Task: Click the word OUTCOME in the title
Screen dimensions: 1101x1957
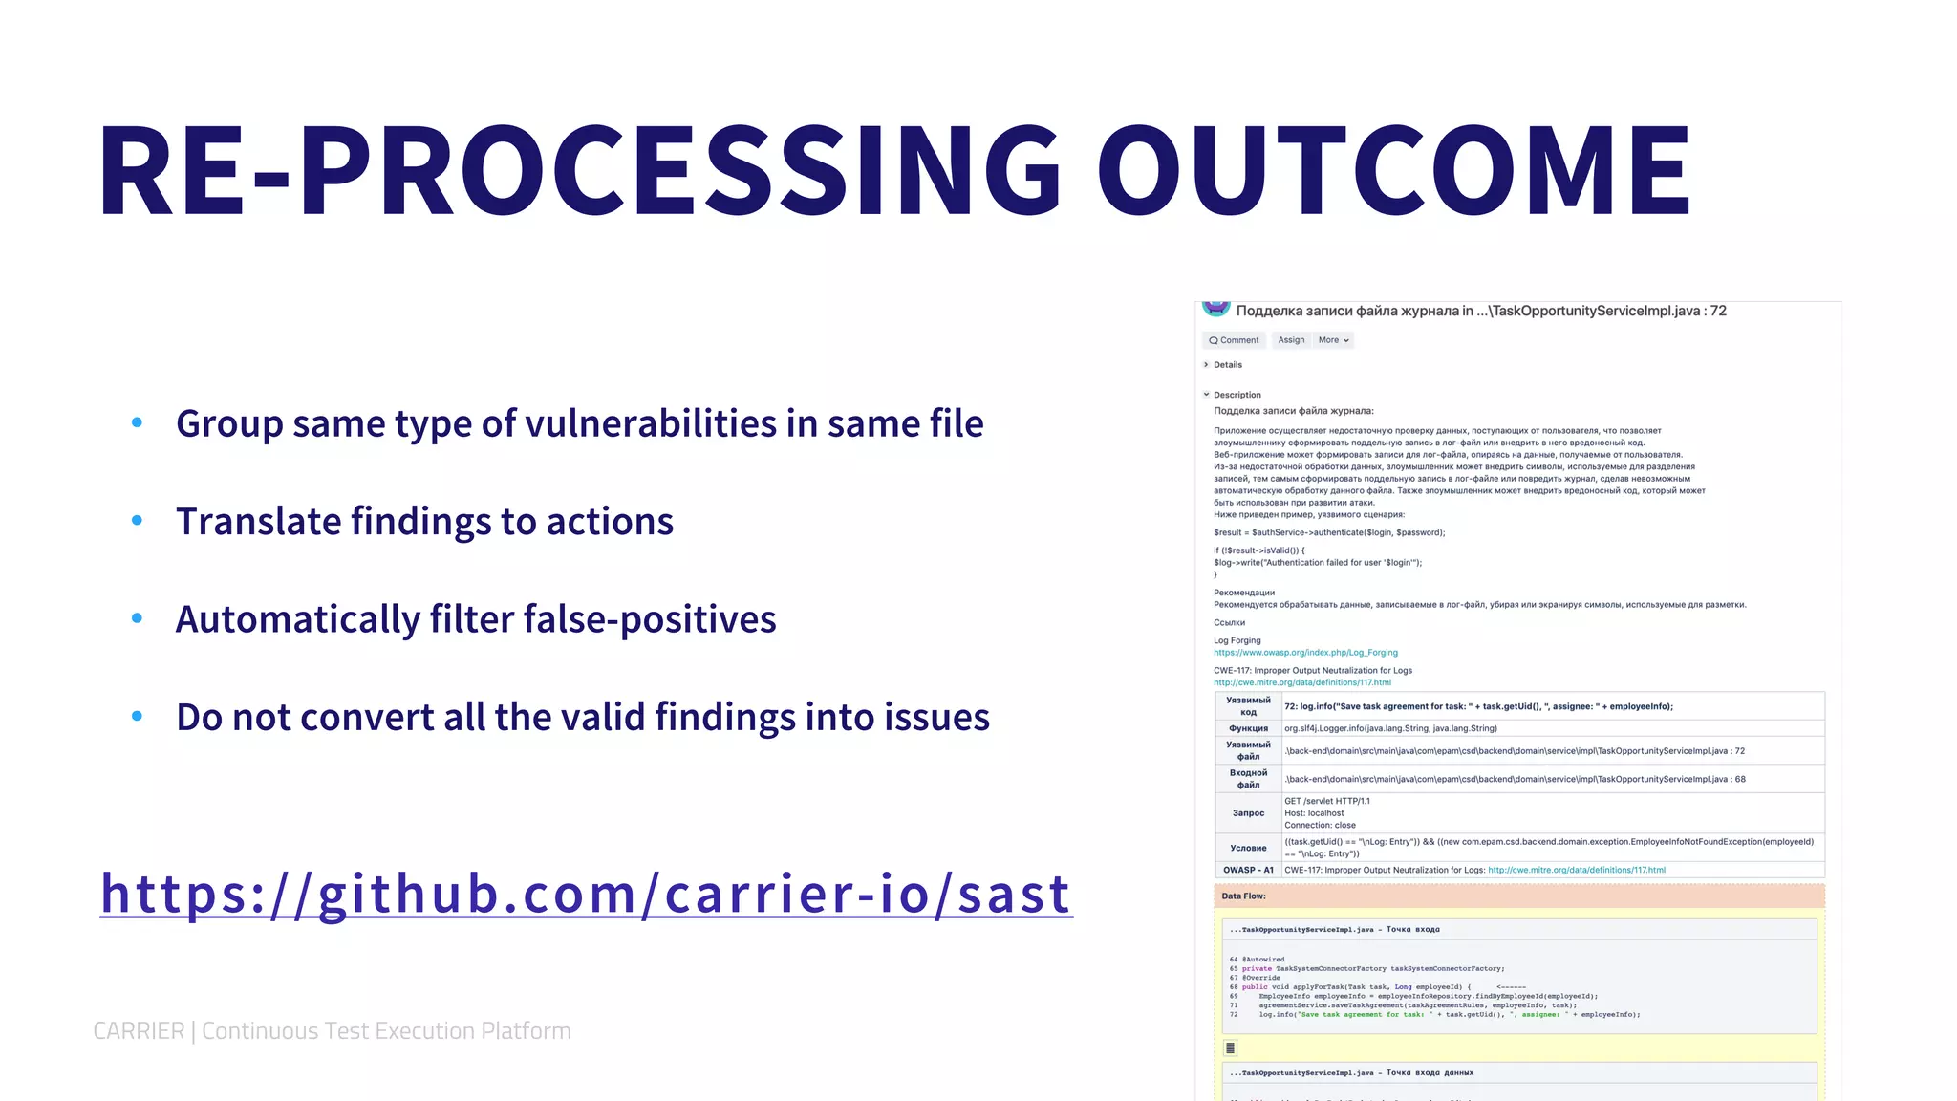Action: [x=1393, y=170]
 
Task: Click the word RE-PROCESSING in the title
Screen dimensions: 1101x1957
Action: [x=578, y=170]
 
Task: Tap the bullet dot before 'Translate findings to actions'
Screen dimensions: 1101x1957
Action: [x=137, y=520]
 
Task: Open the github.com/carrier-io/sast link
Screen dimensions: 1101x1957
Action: [x=586, y=894]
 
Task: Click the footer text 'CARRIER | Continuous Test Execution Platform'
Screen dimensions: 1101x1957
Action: [x=332, y=1030]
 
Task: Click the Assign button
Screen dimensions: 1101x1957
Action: [x=1291, y=340]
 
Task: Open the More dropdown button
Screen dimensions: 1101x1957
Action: [x=1333, y=340]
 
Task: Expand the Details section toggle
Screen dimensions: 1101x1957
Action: [x=1207, y=365]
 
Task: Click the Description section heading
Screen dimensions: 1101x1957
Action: [x=1237, y=395]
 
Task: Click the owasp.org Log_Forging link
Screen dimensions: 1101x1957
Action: [x=1305, y=653]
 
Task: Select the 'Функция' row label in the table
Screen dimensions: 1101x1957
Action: [x=1248, y=728]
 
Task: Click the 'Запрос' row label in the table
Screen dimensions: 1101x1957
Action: [x=1248, y=813]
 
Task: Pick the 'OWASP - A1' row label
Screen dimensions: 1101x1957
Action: [x=1248, y=870]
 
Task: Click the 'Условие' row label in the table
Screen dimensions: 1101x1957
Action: [x=1248, y=848]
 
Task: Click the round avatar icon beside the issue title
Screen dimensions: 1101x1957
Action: [x=1215, y=307]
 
